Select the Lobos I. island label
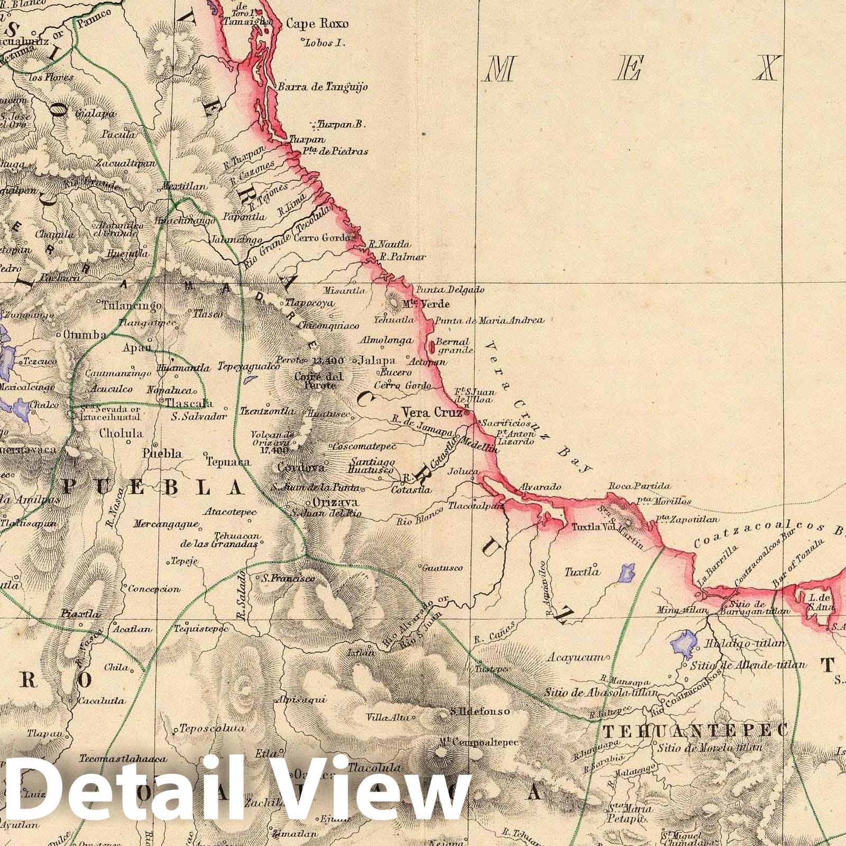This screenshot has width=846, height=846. (x=324, y=43)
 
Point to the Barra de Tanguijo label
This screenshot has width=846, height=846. (x=322, y=87)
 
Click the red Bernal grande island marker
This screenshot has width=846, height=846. (x=433, y=347)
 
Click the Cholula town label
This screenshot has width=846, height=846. (x=122, y=433)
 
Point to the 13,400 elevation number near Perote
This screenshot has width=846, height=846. (x=328, y=361)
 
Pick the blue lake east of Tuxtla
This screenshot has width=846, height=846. (x=626, y=573)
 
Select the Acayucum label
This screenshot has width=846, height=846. (x=575, y=658)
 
